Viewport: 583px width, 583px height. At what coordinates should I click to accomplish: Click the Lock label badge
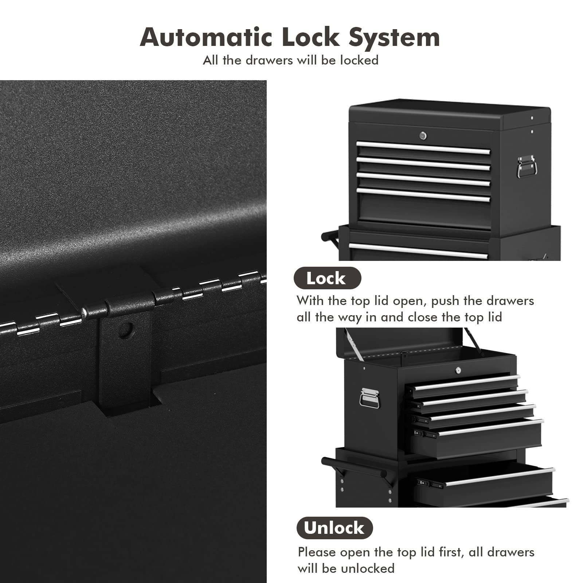327,278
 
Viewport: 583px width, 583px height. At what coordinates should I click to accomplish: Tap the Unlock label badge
334,528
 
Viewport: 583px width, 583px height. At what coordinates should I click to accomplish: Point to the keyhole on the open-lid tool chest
458,370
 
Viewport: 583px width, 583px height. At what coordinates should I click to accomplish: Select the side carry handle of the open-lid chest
369,398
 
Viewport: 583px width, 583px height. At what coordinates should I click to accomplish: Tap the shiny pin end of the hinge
84,312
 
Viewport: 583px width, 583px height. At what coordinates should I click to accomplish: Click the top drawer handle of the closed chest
423,148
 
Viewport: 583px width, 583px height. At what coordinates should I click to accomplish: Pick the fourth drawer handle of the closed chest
423,195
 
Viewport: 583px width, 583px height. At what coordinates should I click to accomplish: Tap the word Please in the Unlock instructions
317,552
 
